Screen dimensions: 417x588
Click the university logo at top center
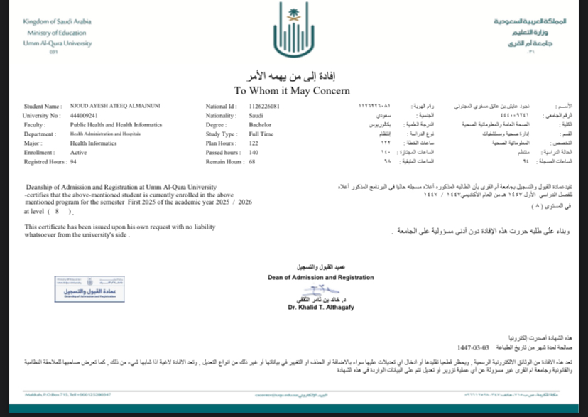point(293,33)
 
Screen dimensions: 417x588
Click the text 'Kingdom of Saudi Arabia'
point(58,22)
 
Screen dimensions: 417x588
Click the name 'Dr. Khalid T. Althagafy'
point(321,308)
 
